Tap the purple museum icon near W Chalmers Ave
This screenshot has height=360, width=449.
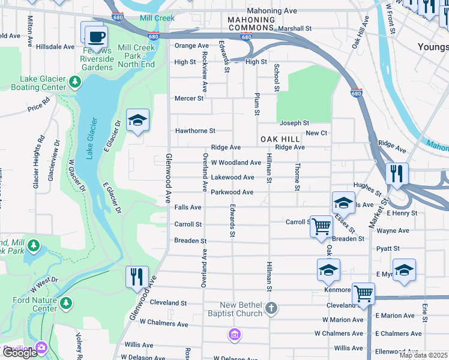click(x=235, y=334)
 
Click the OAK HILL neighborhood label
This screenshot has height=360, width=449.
click(x=280, y=139)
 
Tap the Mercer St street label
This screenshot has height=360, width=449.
click(x=188, y=98)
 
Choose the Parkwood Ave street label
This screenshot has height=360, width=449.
click(x=232, y=192)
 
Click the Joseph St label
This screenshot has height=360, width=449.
click(x=294, y=123)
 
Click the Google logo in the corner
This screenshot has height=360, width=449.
click(x=20, y=353)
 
